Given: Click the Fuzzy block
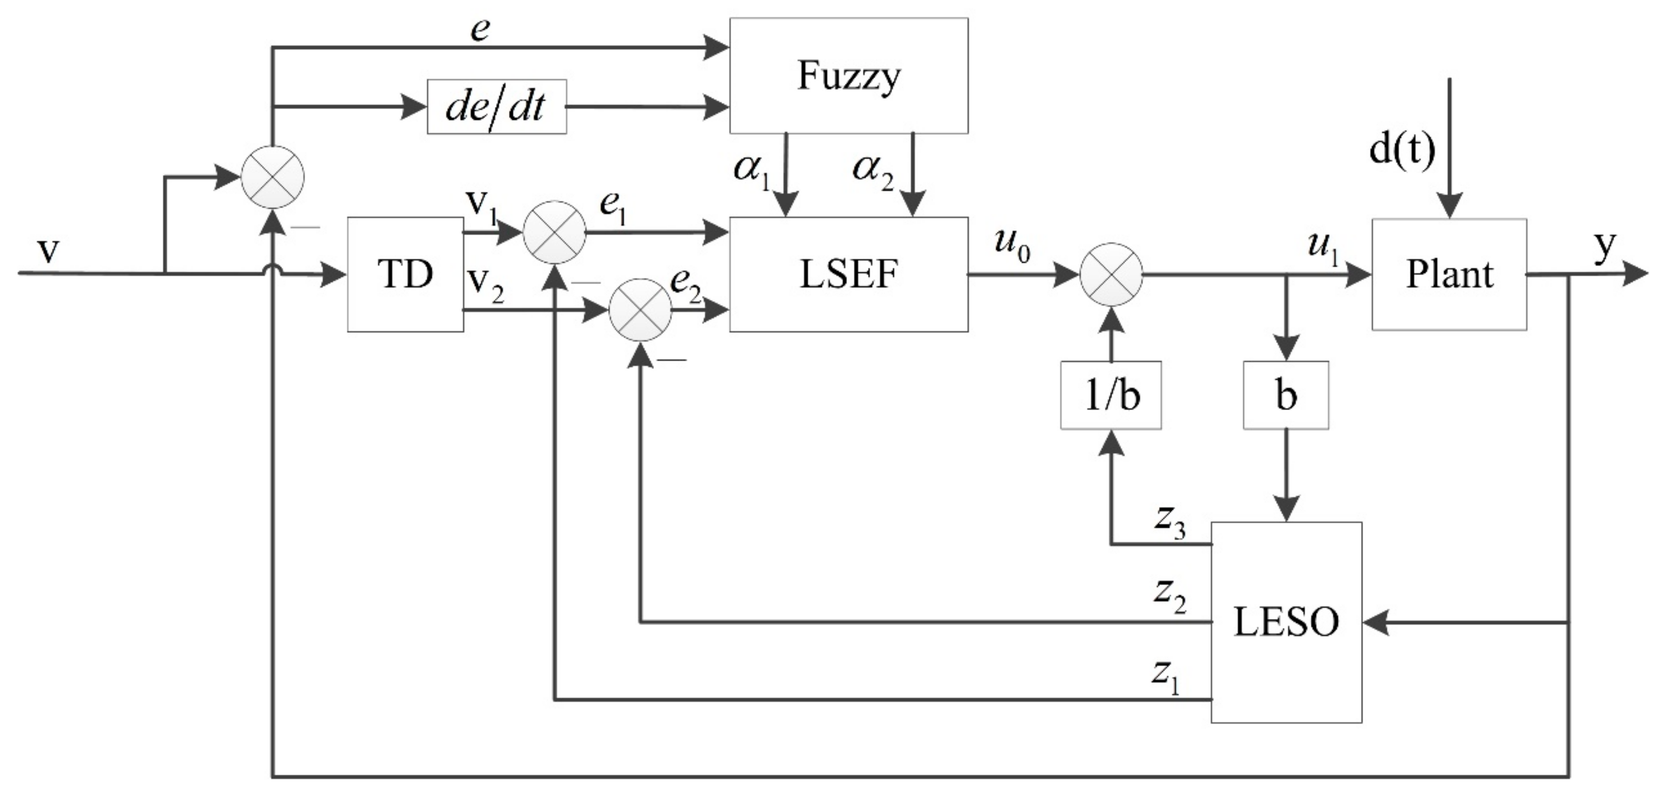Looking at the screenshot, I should pos(849,75).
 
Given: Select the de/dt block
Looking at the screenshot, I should pos(496,107).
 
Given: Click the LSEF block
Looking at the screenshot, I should pos(849,274).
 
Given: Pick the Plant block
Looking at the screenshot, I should pos(1449,274).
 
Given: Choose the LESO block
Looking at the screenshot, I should pos(1286,622).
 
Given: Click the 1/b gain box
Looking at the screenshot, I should pos(1110,395).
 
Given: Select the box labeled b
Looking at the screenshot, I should pos(1286,395).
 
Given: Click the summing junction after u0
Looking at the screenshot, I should pos(1110,274).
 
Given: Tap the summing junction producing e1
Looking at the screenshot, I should pos(554,232).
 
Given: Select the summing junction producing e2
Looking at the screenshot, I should pos(640,310).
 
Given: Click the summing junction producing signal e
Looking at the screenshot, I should pos(272,176).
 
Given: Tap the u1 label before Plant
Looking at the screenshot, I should pos(1322,247).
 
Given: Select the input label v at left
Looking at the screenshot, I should pos(48,251).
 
